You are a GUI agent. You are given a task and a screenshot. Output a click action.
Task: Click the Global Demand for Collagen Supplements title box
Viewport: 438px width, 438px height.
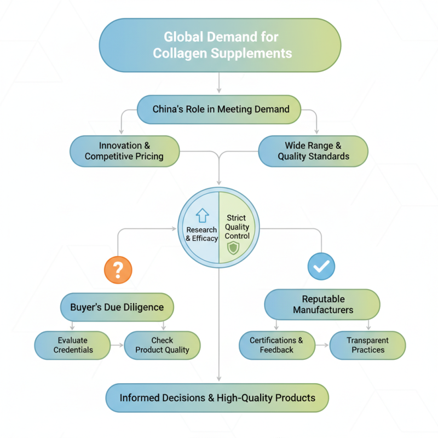click(x=219, y=45)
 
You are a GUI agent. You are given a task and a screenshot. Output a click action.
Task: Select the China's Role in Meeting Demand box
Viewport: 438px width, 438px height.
click(x=219, y=109)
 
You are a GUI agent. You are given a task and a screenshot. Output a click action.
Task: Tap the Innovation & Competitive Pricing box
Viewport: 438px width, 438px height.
click(x=124, y=151)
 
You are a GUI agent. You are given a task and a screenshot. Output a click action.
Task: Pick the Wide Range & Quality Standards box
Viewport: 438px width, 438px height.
click(x=313, y=151)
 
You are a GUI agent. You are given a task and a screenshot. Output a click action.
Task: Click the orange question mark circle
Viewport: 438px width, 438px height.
click(x=118, y=269)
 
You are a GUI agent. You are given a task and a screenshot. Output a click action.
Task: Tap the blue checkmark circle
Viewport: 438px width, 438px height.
click(x=321, y=266)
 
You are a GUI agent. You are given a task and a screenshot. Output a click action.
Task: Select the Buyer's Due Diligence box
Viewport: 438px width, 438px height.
click(x=117, y=307)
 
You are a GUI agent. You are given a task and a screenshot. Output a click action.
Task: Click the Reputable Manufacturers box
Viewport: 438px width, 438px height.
click(x=322, y=304)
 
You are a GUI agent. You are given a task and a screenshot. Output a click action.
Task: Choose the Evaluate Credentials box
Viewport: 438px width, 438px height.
click(x=73, y=345)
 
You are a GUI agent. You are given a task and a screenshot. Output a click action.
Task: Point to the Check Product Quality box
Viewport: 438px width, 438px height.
click(x=162, y=345)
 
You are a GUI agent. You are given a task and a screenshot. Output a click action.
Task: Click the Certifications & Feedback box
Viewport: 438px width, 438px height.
click(x=276, y=345)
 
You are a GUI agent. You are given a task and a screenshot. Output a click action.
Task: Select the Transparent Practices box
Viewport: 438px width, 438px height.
click(x=368, y=345)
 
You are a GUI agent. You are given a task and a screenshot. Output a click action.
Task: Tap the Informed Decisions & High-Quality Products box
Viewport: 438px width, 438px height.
click(x=217, y=397)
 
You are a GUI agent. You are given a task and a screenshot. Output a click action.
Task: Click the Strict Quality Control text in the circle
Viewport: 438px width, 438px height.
click(x=238, y=227)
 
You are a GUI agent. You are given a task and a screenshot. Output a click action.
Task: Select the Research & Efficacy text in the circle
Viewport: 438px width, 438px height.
click(x=201, y=234)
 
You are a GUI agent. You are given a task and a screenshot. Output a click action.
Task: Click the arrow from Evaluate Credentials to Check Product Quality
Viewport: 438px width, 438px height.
click(x=118, y=345)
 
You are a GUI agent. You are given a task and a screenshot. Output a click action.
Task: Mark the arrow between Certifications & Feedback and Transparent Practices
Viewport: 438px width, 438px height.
click(x=322, y=345)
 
